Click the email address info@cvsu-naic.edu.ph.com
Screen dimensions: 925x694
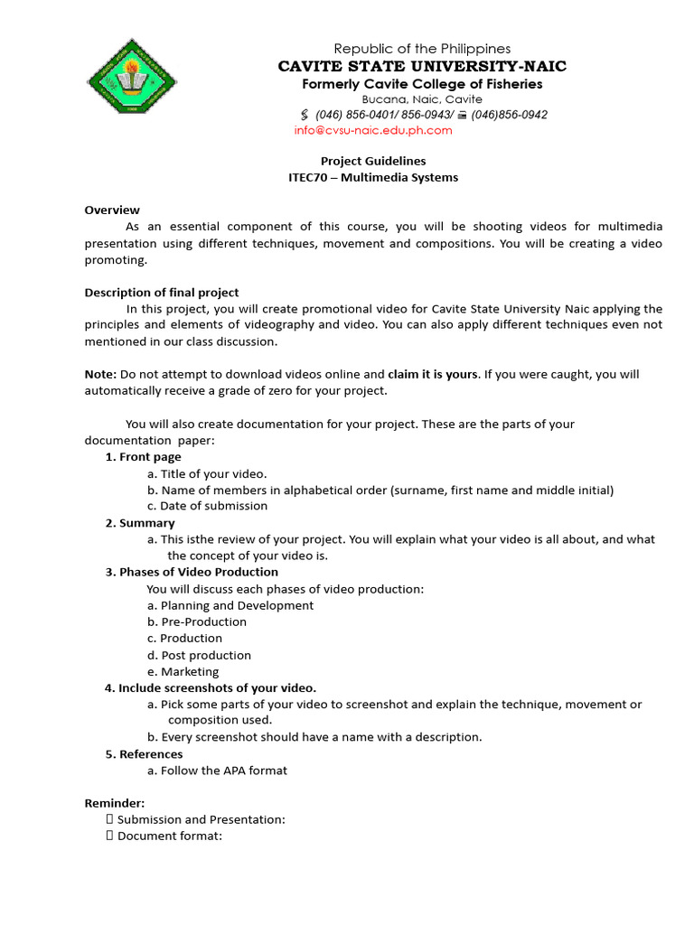pyautogui.click(x=372, y=130)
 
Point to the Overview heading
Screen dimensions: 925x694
pyautogui.click(x=112, y=210)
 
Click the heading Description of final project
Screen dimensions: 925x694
pyautogui.click(x=162, y=292)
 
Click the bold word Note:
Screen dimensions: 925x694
pyautogui.click(x=100, y=374)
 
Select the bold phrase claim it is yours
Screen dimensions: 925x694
pyautogui.click(x=432, y=374)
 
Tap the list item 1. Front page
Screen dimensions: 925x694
pyautogui.click(x=143, y=457)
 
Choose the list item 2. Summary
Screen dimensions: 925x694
pyautogui.click(x=140, y=523)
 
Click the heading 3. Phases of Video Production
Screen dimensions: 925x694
pyautogui.click(x=192, y=572)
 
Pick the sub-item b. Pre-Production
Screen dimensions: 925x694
pyautogui.click(x=197, y=621)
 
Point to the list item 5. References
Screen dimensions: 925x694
pyautogui.click(x=144, y=753)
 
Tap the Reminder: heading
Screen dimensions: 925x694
pyautogui.click(x=115, y=803)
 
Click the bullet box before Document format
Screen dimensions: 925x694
pyautogui.click(x=109, y=836)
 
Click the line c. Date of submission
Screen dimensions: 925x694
pyautogui.click(x=207, y=506)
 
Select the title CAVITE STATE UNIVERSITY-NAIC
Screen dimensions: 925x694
pyautogui.click(x=422, y=67)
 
